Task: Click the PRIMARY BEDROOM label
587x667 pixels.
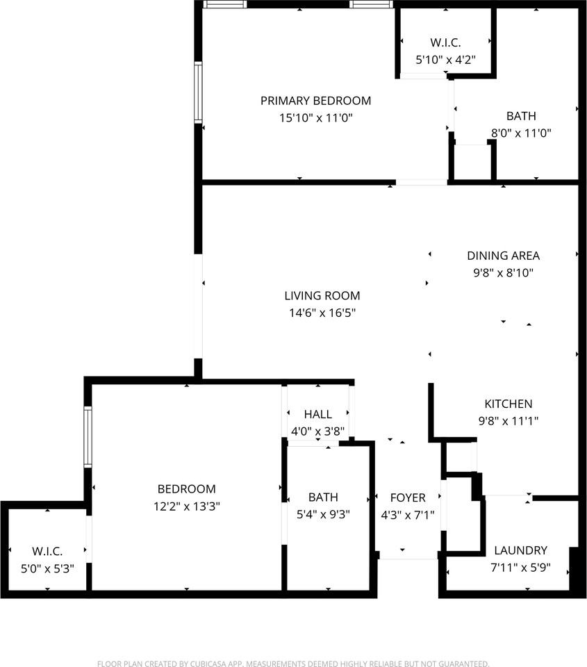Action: [315, 101]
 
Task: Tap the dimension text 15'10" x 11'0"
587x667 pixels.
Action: [316, 118]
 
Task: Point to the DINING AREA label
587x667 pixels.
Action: [503, 256]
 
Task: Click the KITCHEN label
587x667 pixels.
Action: [509, 404]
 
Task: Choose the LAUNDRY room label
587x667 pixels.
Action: [521, 550]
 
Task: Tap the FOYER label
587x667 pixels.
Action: [407, 497]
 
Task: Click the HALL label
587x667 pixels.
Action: [317, 414]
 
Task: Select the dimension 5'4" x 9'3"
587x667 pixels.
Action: [323, 515]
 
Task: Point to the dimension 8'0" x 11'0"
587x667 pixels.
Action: [521, 133]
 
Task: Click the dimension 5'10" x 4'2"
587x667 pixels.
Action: [445, 60]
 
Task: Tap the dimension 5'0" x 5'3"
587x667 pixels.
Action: [47, 568]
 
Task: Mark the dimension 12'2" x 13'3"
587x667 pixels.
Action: [186, 507]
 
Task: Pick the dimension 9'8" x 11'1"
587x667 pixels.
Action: [509, 420]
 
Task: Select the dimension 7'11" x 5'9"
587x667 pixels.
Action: [521, 567]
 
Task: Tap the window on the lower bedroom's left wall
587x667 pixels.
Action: [88, 436]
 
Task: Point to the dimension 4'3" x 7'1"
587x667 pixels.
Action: [407, 515]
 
